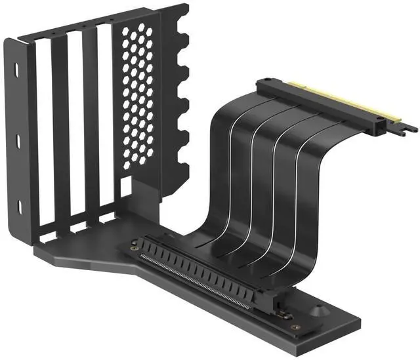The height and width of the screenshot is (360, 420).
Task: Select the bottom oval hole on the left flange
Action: [16, 206]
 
